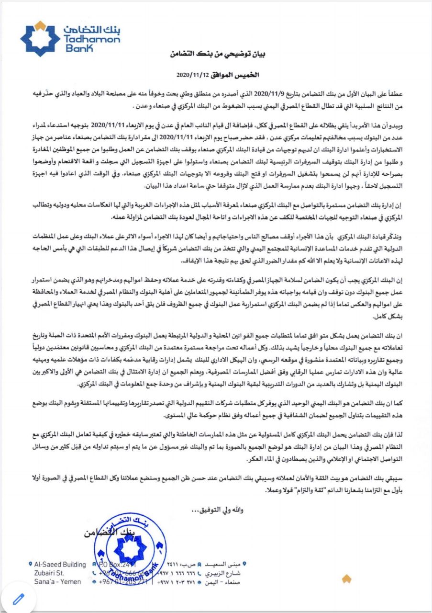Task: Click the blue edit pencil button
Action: tap(19, 598)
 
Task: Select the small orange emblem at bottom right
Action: tap(346, 579)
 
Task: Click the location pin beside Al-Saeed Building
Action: tap(31, 565)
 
